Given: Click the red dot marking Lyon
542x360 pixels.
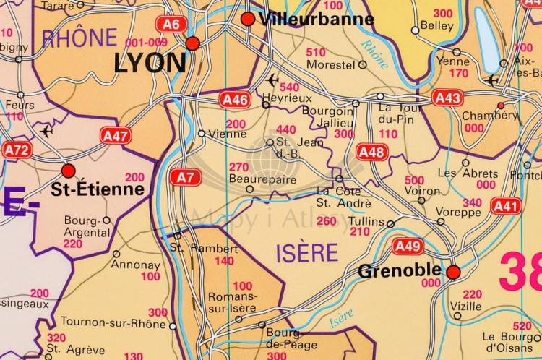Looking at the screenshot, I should [192, 44].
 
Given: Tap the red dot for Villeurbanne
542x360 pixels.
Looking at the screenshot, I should [248, 19].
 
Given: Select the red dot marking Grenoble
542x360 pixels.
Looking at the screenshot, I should [453, 272].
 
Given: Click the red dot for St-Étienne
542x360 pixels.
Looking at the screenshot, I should [69, 171].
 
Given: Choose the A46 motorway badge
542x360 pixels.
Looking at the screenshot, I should [235, 100].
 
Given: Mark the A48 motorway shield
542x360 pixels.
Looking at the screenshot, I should [372, 152].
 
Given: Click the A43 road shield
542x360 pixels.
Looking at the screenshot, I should [447, 96].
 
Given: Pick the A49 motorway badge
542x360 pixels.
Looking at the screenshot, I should [408, 247].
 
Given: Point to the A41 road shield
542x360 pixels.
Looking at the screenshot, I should [506, 207].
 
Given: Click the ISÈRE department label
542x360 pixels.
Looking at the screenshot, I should [306, 252].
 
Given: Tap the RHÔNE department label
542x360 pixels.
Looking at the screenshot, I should [79, 38].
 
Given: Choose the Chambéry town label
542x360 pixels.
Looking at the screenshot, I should [480, 116].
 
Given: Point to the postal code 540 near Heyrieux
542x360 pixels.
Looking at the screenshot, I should [289, 87].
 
